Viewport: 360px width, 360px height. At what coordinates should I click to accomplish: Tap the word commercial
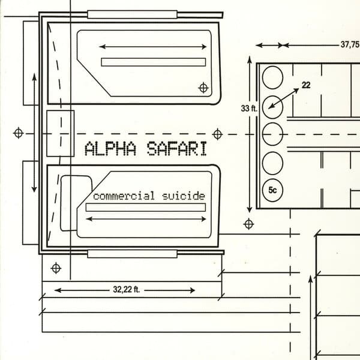point(124,196)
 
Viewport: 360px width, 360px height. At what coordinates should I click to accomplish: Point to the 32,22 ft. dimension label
point(126,290)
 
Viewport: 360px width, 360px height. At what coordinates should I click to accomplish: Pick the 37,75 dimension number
point(350,44)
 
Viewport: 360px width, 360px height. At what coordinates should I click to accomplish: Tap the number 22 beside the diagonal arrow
point(306,85)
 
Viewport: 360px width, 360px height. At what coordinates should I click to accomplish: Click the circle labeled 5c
point(272,190)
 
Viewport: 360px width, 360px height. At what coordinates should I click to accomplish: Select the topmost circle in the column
point(272,77)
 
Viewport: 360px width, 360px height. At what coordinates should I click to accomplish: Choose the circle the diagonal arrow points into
point(272,106)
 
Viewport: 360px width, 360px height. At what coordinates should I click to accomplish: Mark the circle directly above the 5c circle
point(272,162)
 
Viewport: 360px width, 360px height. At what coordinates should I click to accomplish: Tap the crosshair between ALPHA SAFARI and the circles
point(217,133)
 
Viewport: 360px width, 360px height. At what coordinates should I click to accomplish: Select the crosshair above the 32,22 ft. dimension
point(56,267)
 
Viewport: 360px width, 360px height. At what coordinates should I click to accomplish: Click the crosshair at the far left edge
point(19,132)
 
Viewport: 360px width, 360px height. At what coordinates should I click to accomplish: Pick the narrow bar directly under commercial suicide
point(146,207)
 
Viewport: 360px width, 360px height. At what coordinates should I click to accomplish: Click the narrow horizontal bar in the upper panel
point(154,62)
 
